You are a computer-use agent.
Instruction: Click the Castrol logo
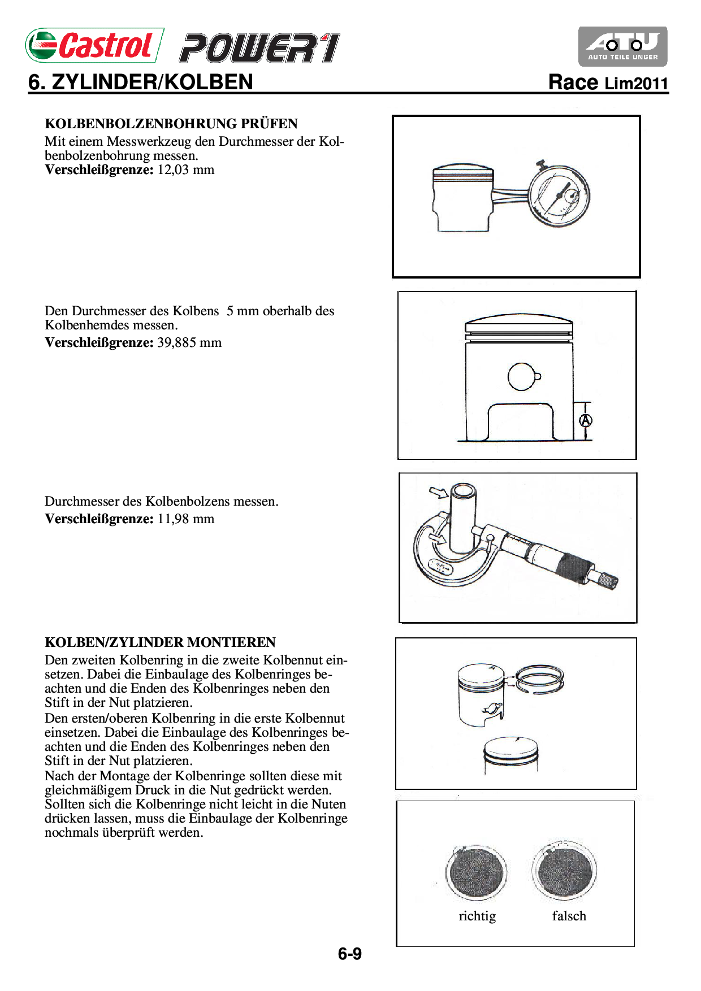point(94,45)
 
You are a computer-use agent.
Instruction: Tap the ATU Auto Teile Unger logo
point(622,46)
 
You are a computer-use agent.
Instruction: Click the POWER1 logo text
point(259,48)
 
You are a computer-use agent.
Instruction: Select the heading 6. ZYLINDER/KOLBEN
point(141,82)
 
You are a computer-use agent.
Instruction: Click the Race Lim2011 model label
point(608,83)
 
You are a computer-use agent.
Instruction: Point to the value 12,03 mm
point(186,170)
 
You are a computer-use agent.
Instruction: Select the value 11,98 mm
point(186,519)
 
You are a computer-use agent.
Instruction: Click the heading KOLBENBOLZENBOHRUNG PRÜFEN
point(171,124)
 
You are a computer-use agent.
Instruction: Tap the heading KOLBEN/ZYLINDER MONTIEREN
point(160,642)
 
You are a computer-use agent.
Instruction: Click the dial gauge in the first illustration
point(559,196)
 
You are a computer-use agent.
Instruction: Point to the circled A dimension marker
point(586,420)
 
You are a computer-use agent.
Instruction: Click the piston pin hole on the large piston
point(522,377)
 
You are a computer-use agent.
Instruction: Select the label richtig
point(477,916)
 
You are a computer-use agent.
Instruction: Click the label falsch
point(569,916)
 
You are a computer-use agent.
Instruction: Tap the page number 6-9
point(350,954)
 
